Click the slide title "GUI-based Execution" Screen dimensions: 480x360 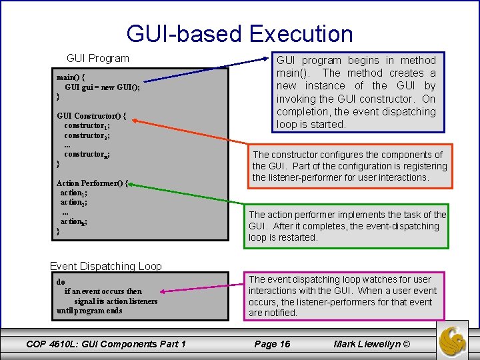coord(239,33)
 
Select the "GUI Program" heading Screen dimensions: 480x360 coord(98,59)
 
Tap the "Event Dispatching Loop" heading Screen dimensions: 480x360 coord(106,266)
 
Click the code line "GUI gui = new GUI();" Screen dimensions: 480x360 coord(102,87)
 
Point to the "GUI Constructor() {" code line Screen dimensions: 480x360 coord(91,115)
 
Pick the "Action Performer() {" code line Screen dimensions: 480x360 coord(93,183)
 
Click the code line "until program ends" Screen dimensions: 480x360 coord(89,311)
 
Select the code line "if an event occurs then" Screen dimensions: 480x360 coord(103,291)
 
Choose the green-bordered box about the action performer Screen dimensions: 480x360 coord(347,226)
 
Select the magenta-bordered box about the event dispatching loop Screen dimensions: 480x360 coord(343,296)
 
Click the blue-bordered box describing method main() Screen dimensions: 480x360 coord(356,93)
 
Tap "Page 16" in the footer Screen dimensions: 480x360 coord(273,344)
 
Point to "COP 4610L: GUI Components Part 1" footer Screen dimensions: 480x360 coord(106,344)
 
